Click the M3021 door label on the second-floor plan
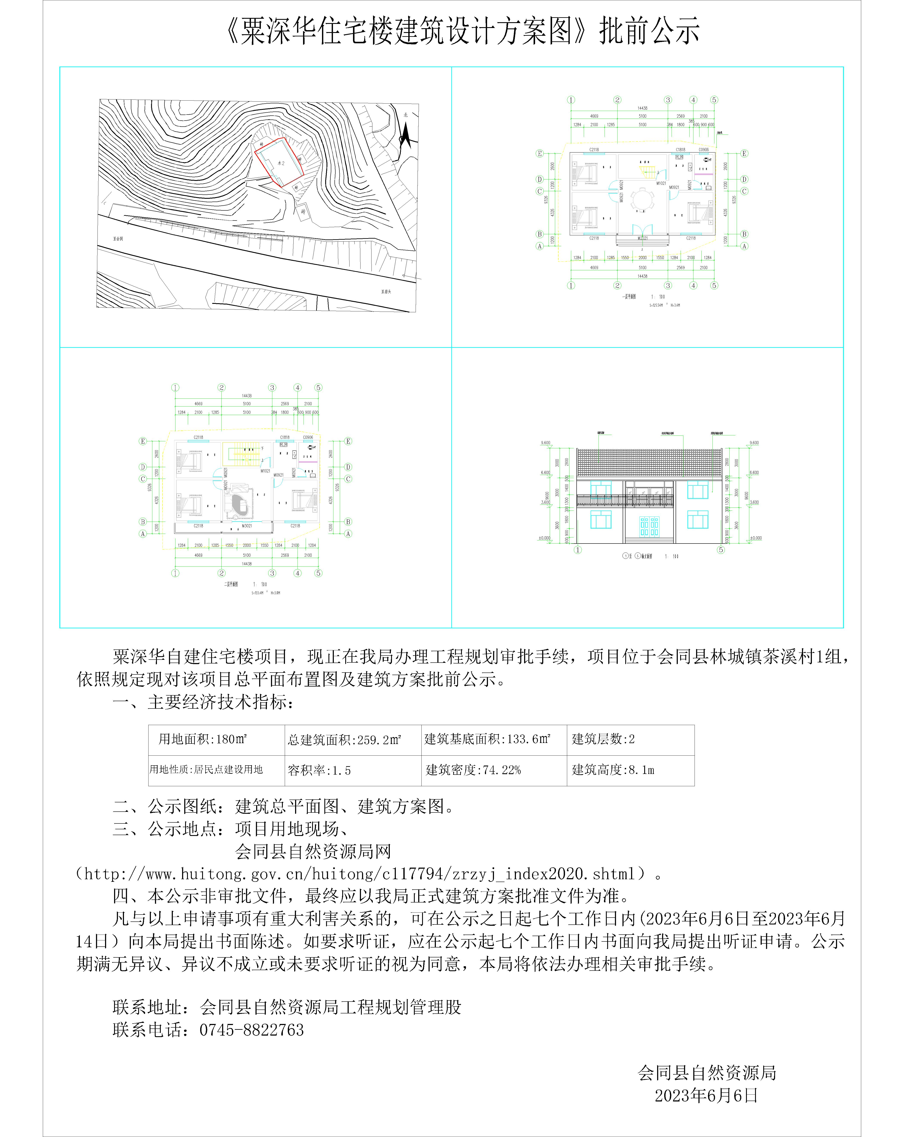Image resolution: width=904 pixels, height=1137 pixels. click(x=247, y=526)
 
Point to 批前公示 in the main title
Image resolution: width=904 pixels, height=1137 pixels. click(x=649, y=31)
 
